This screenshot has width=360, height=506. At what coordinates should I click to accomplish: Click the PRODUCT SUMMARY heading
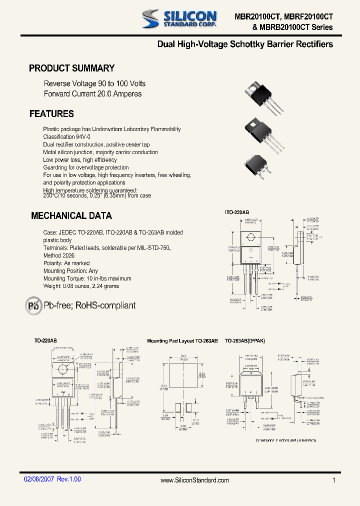pyautogui.click(x=72, y=68)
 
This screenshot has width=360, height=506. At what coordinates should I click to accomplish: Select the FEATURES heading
pyautogui.click(x=51, y=114)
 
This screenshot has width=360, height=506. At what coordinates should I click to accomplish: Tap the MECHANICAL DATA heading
pyautogui.click(x=71, y=216)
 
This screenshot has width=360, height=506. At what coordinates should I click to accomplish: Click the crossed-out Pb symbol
pyautogui.click(x=34, y=305)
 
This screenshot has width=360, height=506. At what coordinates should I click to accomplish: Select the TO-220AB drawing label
pyautogui.click(x=45, y=340)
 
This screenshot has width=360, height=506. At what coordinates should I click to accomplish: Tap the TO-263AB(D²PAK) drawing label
pyautogui.click(x=245, y=340)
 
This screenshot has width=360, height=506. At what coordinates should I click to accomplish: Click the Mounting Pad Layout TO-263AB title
pyautogui.click(x=182, y=340)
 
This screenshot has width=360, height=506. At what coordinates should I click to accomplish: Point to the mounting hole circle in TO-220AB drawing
pyautogui.click(x=63, y=370)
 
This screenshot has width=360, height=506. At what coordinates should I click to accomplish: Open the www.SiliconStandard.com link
pyautogui.click(x=195, y=480)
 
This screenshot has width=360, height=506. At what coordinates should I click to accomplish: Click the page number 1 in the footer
pyautogui.click(x=333, y=480)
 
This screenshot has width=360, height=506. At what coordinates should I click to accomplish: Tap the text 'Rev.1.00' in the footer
pyautogui.click(x=69, y=479)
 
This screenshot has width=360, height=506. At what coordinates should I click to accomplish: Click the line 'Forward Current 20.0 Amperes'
pyautogui.click(x=92, y=93)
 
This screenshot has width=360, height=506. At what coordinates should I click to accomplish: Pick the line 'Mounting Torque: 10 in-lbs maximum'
pyautogui.click(x=87, y=278)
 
